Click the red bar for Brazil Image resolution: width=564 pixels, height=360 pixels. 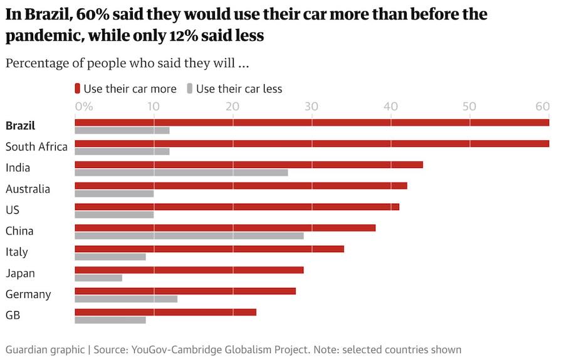click(311, 122)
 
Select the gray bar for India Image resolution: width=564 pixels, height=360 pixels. click(181, 172)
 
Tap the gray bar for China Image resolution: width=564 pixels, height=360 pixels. click(189, 236)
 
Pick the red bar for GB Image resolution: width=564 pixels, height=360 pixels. click(165, 312)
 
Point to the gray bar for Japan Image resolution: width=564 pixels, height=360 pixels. click(98, 278)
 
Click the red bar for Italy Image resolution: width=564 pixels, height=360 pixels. click(209, 248)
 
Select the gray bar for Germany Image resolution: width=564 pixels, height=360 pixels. click(126, 299)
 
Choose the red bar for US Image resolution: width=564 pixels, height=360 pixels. click(237, 206)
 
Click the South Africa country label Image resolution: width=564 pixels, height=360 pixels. click(36, 147)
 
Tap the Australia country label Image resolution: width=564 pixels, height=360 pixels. click(28, 189)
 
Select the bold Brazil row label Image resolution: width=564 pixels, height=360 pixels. click(21, 125)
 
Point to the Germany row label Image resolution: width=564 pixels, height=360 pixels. click(28, 294)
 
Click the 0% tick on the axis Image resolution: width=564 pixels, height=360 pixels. click(84, 106)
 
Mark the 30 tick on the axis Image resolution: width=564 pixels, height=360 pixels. click(311, 106)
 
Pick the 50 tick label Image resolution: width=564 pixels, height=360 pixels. click(469, 106)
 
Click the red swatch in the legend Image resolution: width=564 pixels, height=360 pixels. click(78, 88)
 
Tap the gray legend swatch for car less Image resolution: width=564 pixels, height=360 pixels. click(190, 88)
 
